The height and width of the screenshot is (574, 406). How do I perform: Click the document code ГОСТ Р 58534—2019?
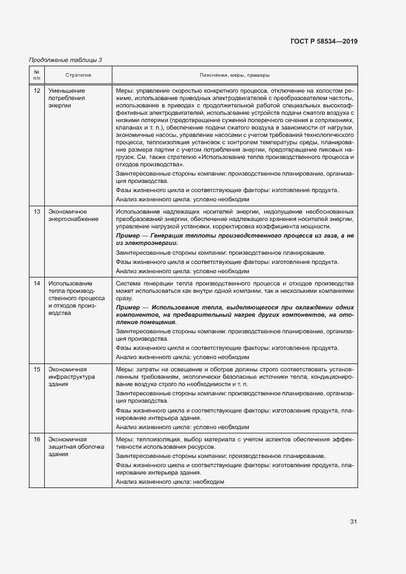(x=324, y=42)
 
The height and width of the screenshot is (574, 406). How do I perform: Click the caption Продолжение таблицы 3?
(x=66, y=60)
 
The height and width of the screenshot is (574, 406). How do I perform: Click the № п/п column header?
(x=36, y=75)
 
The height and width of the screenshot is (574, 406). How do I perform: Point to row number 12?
(x=37, y=91)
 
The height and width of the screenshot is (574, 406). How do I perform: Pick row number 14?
(x=37, y=284)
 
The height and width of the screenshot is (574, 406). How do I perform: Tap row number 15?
(x=37, y=370)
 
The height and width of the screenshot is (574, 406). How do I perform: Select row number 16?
(x=37, y=440)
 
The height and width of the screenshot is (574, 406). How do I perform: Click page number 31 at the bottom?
(x=353, y=521)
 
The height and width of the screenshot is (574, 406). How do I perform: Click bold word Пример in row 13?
(x=127, y=236)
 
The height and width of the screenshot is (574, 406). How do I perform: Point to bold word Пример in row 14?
(x=127, y=307)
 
